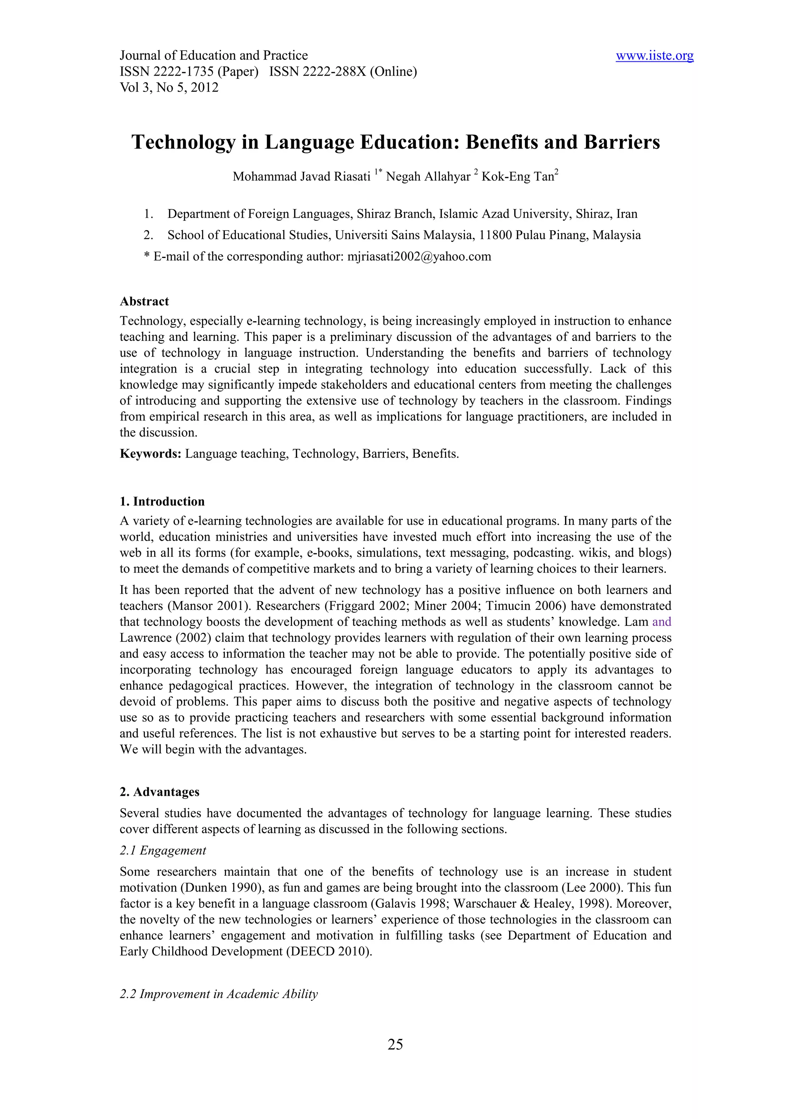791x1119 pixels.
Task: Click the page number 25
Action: point(395,1044)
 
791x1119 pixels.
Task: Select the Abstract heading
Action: point(144,301)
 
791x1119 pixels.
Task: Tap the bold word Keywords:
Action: point(151,454)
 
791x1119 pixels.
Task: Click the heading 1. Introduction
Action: point(162,502)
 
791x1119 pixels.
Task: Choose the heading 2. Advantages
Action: point(160,792)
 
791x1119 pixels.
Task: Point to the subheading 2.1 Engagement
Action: point(163,851)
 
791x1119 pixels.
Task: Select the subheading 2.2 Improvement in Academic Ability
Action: point(219,994)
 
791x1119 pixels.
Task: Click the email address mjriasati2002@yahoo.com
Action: point(419,256)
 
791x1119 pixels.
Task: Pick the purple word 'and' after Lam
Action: point(661,622)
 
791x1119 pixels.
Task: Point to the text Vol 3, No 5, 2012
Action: point(169,88)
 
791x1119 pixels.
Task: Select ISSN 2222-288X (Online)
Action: point(343,72)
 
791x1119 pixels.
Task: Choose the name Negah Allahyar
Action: point(428,176)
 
